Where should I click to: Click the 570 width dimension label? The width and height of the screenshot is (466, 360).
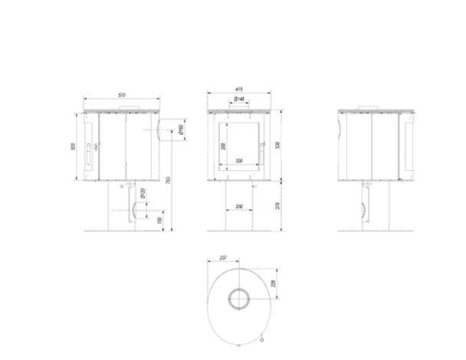pyautogui.click(x=121, y=94)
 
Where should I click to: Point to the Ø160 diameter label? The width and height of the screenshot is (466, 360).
pyautogui.click(x=179, y=129)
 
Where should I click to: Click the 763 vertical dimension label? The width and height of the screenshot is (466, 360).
pyautogui.click(x=168, y=180)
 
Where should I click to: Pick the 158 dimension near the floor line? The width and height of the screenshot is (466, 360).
pyautogui.click(x=159, y=221)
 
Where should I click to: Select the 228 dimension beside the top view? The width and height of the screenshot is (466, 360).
pyautogui.click(x=275, y=283)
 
